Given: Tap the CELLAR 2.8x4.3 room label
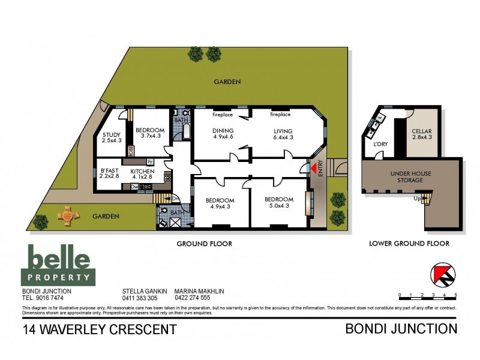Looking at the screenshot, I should pos(421,134).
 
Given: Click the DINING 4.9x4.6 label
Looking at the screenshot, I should pos(223,134).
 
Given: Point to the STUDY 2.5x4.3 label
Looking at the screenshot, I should pos(112,137).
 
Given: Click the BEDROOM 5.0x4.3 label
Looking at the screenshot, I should pos(279,203).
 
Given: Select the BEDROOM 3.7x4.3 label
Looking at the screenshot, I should pos(149,133).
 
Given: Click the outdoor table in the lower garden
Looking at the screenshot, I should pos(67,215).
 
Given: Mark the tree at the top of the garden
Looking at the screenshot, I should pos(196,54).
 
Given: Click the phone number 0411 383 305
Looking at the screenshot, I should pos(139,298).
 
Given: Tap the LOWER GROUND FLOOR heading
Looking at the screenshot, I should pos(409,244).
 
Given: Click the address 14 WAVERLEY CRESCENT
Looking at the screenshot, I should pos(100,329).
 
